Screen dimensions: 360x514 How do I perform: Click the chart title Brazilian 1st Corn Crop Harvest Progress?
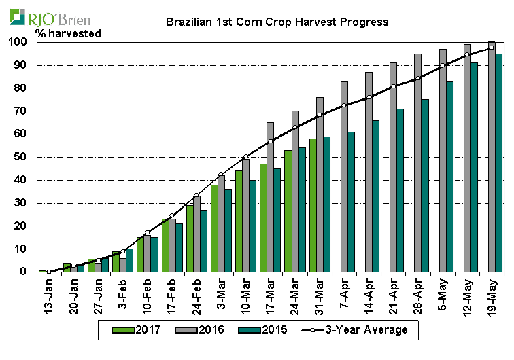tap(277, 22)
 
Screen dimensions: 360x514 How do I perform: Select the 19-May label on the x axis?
tap(490, 293)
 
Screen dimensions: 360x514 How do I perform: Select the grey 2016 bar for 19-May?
tap(492, 156)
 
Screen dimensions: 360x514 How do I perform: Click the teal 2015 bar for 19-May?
tap(499, 163)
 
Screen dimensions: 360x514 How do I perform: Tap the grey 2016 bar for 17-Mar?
tap(271, 197)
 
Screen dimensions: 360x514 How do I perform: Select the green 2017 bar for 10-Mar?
tap(239, 221)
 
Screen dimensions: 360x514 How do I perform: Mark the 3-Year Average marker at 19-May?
tap(492, 48)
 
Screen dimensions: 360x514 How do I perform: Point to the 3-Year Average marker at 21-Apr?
tap(394, 86)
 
